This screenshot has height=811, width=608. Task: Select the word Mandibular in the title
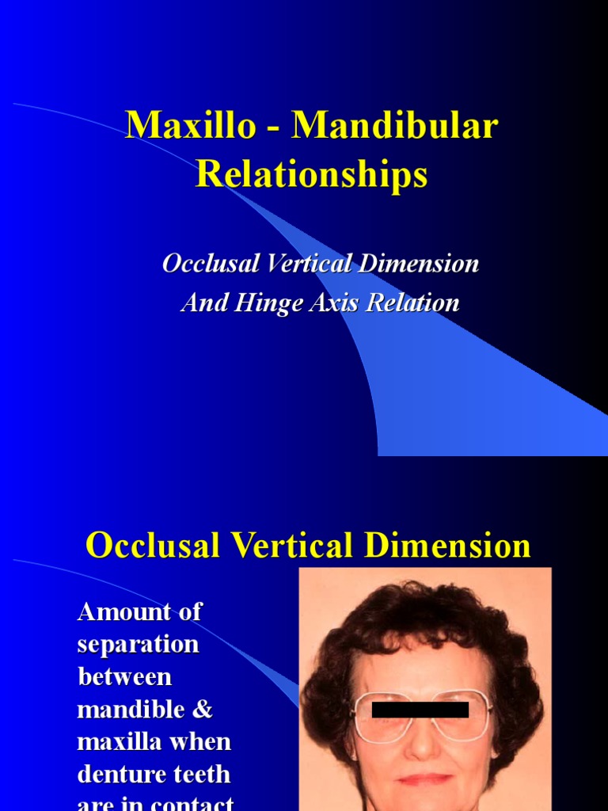pos(396,127)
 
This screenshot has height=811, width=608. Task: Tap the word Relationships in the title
pos(312,173)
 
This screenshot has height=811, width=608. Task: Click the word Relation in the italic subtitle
pos(412,303)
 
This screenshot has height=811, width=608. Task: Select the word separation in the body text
pos(138,645)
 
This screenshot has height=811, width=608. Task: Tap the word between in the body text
pos(124,677)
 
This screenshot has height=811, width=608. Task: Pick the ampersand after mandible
pos(203,710)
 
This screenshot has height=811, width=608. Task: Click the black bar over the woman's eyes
pos(420,710)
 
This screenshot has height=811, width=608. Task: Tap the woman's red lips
pos(424,779)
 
